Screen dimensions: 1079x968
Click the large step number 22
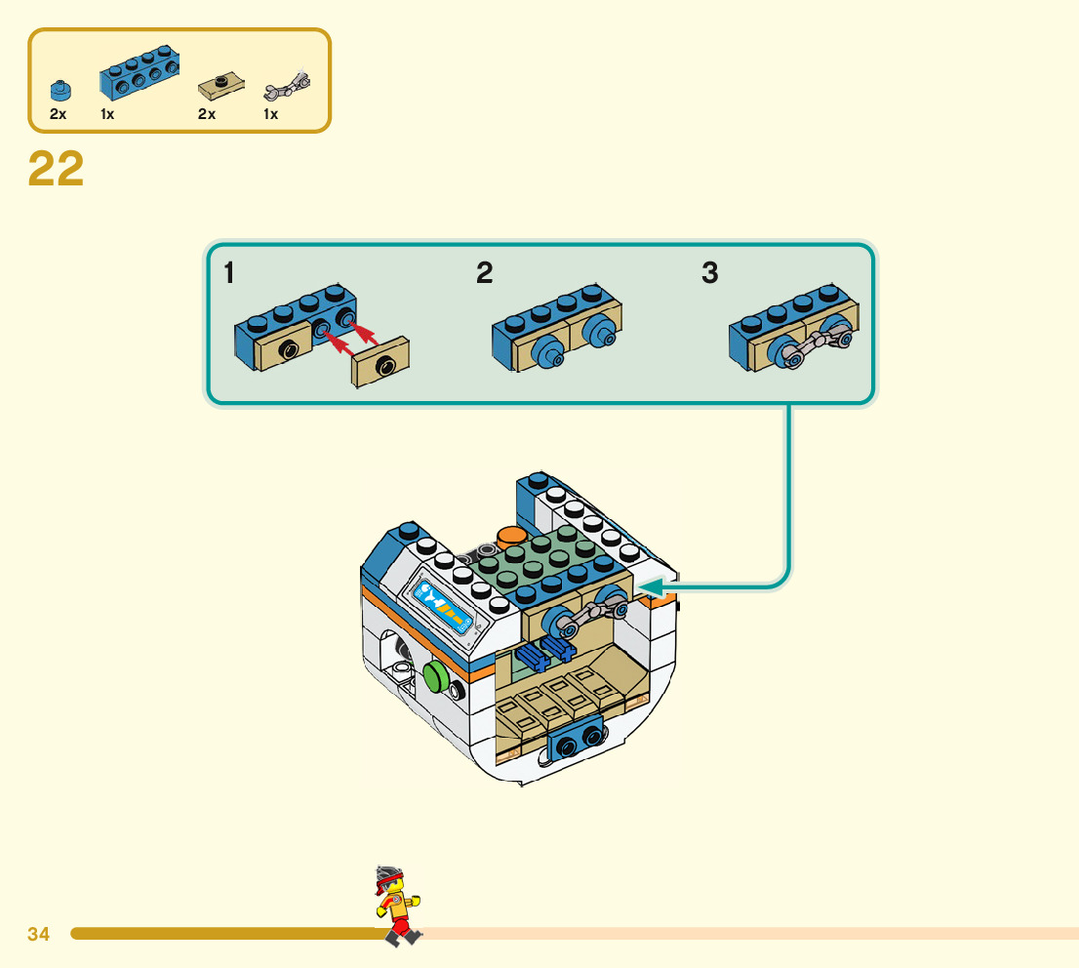(x=56, y=169)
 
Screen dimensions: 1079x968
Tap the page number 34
(x=38, y=934)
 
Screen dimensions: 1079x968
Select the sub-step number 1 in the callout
(x=228, y=273)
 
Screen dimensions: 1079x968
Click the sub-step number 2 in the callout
(x=484, y=273)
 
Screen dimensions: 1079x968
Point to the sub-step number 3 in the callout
(x=709, y=273)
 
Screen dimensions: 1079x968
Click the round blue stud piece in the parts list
(x=61, y=92)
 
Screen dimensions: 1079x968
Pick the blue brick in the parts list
(x=140, y=74)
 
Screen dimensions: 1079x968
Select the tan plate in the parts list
(x=220, y=89)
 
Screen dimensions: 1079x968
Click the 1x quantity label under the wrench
(x=270, y=114)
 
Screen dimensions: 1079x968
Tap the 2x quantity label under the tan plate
(x=206, y=114)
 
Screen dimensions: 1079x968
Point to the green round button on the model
(x=435, y=677)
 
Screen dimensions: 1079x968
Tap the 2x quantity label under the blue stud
(x=59, y=114)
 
